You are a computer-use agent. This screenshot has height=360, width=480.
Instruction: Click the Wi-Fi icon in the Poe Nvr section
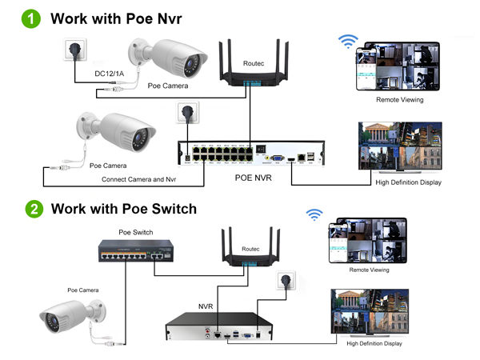[x=346, y=41]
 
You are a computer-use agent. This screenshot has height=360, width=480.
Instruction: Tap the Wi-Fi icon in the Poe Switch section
[x=315, y=214]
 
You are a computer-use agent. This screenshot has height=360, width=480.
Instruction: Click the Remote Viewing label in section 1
[x=399, y=100]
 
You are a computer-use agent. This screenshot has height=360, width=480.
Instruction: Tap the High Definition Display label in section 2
[x=374, y=343]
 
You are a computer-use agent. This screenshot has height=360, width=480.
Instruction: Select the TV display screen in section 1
[x=400, y=146]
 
